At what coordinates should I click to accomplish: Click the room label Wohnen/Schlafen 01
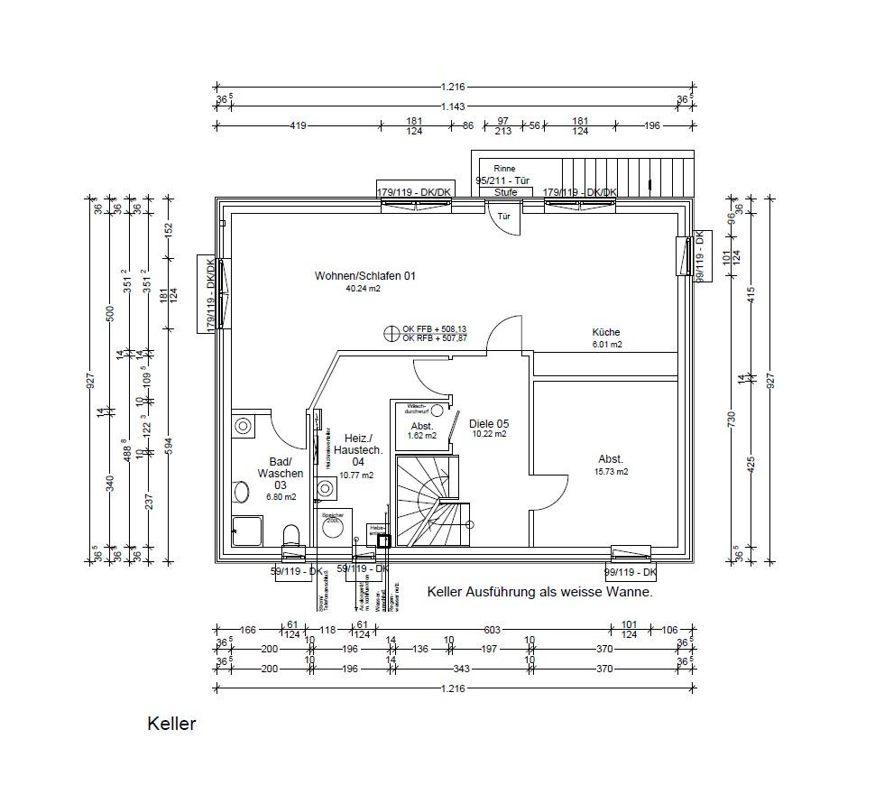[364, 275]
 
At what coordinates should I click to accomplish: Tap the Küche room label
[606, 332]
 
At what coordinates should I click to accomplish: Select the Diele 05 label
[489, 423]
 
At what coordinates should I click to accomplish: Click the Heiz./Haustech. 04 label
[358, 449]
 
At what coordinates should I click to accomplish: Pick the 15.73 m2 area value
[612, 471]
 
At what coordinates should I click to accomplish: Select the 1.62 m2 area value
[421, 436]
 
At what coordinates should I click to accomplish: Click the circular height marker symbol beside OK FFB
[391, 333]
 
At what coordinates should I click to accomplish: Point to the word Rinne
[504, 169]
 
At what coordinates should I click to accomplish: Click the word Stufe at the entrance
[505, 192]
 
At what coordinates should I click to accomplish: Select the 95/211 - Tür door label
[504, 180]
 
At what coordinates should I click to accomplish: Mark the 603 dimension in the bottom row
[492, 630]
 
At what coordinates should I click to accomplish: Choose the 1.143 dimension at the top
[453, 106]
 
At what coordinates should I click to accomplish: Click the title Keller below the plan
[171, 724]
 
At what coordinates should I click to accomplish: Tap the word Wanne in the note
[631, 592]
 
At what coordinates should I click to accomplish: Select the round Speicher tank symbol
[333, 527]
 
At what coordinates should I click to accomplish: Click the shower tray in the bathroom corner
[247, 531]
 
